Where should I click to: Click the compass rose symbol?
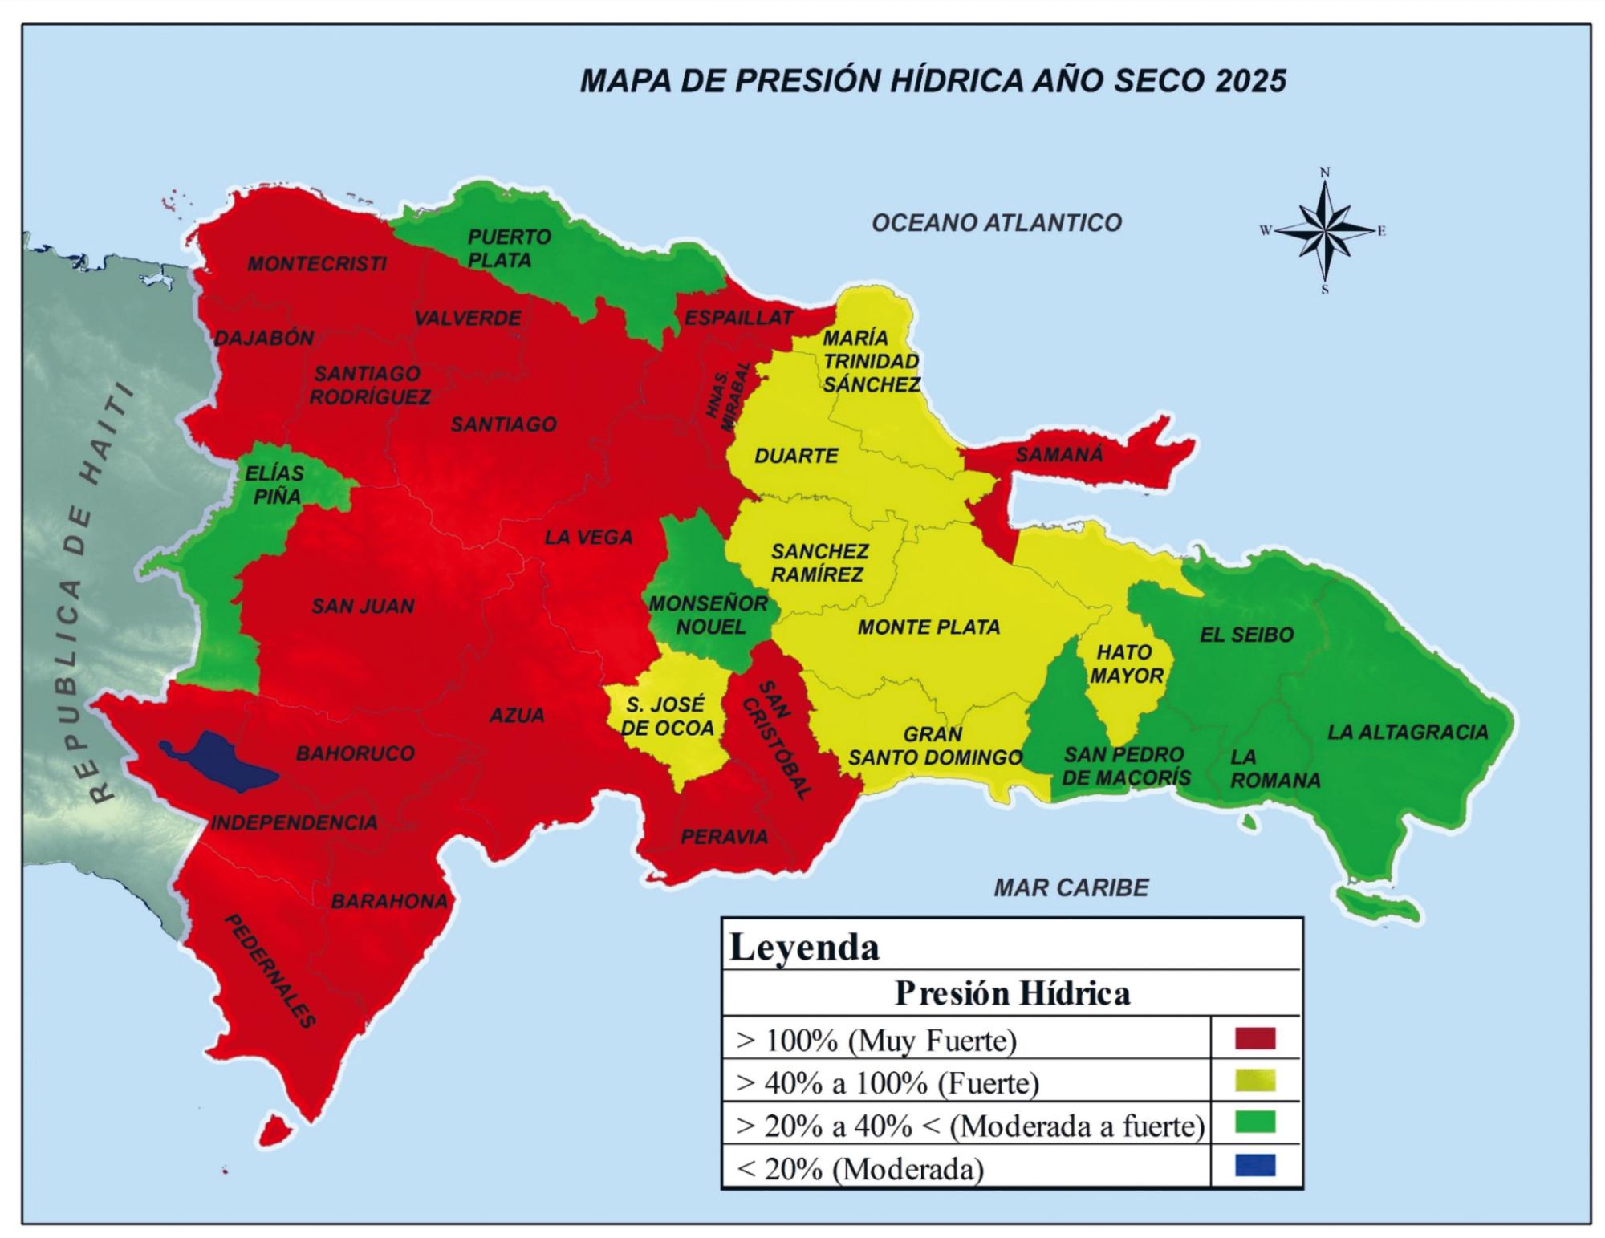point(1325,231)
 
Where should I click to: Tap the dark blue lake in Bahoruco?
point(225,762)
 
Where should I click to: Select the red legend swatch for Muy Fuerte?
point(1254,1039)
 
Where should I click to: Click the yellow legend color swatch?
point(1254,1082)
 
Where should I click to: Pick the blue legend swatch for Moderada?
point(1254,1166)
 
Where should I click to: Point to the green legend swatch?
point(1254,1123)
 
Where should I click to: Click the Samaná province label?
point(1058,455)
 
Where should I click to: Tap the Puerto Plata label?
point(506,248)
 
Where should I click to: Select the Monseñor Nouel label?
point(709,615)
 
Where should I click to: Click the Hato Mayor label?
point(1125,664)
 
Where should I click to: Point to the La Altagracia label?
point(1407,732)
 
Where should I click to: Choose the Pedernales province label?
point(270,971)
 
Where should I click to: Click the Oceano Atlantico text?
point(996,223)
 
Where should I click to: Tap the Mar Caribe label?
point(1071,887)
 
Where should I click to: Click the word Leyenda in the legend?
point(803,948)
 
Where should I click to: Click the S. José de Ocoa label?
point(667,716)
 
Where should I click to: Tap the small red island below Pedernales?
point(273,1130)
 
